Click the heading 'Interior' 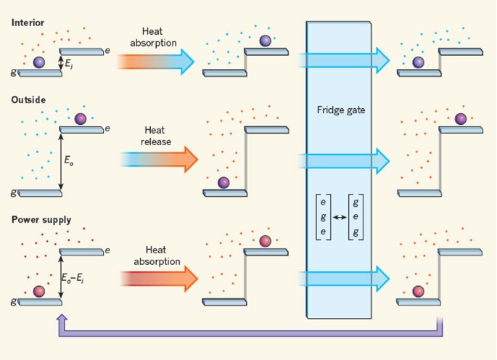coord(28,22)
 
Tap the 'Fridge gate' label coord(340,110)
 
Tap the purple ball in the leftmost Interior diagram coord(39,63)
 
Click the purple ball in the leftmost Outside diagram coord(80,118)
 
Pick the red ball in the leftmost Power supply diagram coord(39,291)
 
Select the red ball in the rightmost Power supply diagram coord(418,291)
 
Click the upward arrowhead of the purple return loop coord(62,319)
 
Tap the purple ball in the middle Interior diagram coord(266,41)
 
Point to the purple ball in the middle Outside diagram coord(223,182)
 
